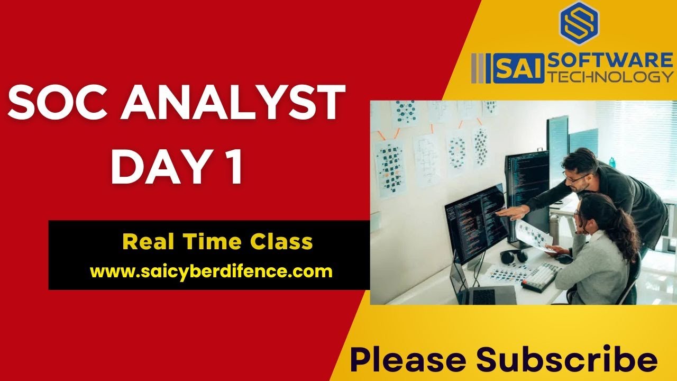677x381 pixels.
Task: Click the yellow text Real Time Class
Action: [x=217, y=242]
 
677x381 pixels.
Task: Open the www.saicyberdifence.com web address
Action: [x=211, y=271]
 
